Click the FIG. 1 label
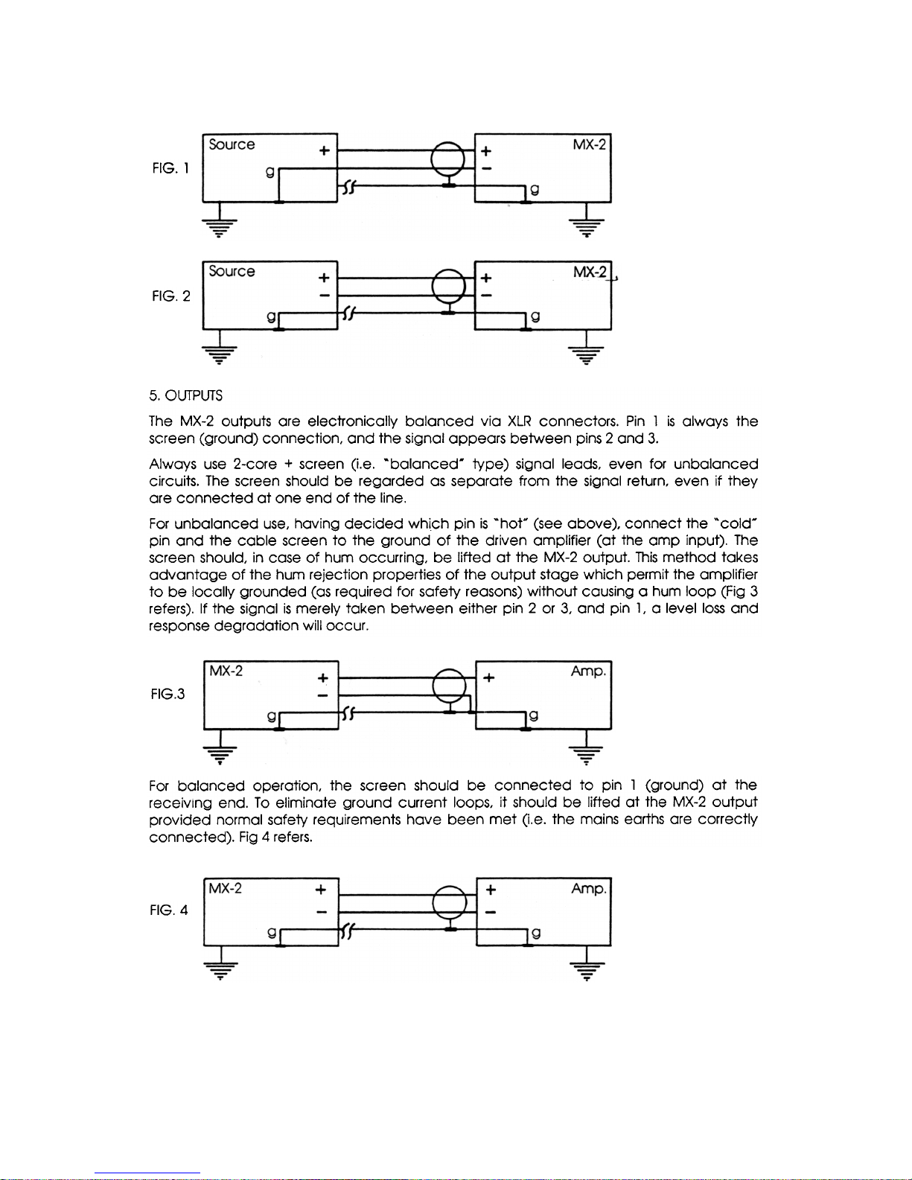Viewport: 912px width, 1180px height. pos(170,168)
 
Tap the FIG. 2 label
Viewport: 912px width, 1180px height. pos(170,296)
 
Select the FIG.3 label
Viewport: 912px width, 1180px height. pos(168,695)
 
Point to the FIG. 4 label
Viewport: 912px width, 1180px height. pos(169,910)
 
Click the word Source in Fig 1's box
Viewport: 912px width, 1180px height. pos(232,144)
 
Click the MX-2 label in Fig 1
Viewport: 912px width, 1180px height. pos(590,144)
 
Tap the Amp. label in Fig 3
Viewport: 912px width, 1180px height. pos(589,672)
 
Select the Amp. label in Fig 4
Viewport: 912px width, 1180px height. pos(589,889)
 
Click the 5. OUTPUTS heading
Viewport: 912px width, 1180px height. pos(185,395)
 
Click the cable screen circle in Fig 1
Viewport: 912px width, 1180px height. pos(448,159)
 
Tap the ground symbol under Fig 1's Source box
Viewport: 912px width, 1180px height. pos(220,226)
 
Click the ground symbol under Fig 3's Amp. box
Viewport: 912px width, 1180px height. pos(587,753)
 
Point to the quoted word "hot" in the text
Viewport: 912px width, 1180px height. pos(511,524)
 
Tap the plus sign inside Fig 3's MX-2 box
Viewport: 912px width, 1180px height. pos(323,678)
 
